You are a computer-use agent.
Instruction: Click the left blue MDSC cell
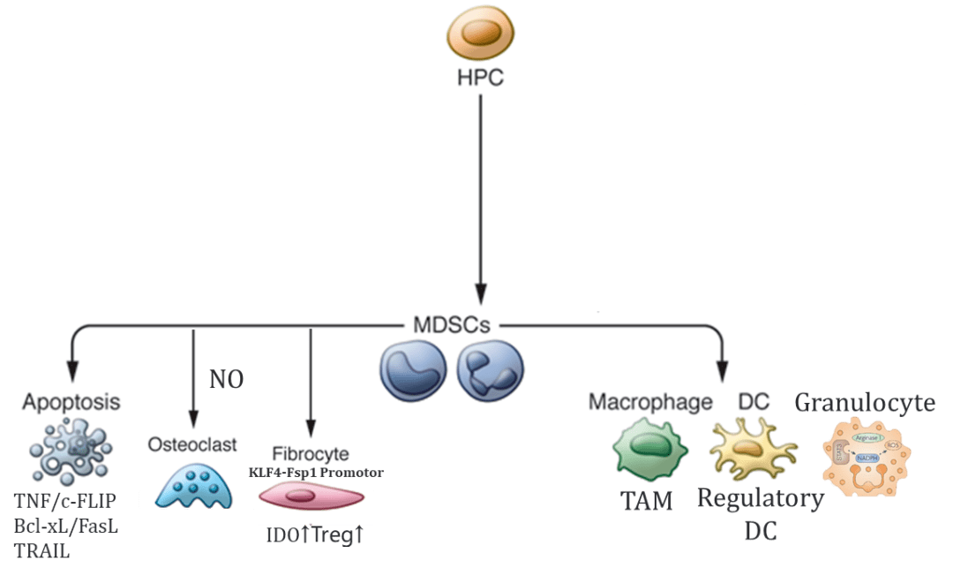(x=411, y=370)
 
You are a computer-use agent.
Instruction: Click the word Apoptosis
(x=71, y=402)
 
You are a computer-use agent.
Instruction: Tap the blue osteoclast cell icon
(x=195, y=484)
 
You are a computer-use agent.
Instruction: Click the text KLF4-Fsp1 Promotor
(x=316, y=473)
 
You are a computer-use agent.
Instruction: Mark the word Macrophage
(x=650, y=402)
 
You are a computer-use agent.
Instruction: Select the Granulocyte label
(x=865, y=403)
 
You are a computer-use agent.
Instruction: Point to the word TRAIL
(x=41, y=552)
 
